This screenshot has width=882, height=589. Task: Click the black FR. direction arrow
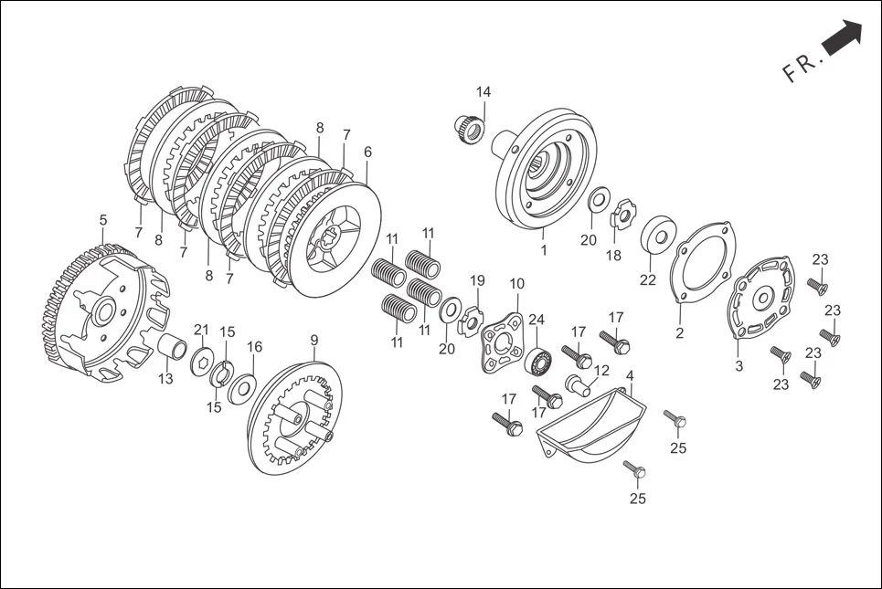tap(842, 39)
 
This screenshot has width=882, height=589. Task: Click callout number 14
tap(483, 92)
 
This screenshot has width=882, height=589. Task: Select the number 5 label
tap(103, 220)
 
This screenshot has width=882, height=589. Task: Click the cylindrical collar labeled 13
tap(175, 350)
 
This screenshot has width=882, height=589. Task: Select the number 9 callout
tap(314, 341)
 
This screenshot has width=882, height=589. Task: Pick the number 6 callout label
tap(367, 153)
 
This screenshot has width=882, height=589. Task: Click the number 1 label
tap(543, 250)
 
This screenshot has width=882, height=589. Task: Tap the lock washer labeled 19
tap(472, 319)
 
